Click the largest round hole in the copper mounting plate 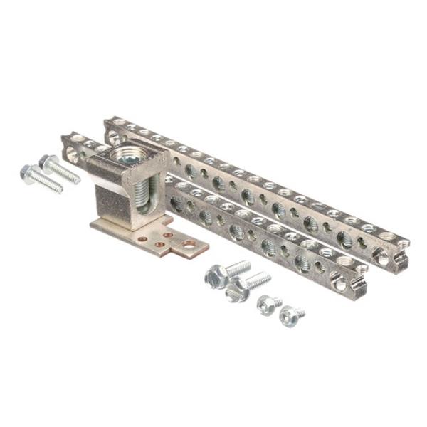[189, 244]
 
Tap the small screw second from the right [267, 303]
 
